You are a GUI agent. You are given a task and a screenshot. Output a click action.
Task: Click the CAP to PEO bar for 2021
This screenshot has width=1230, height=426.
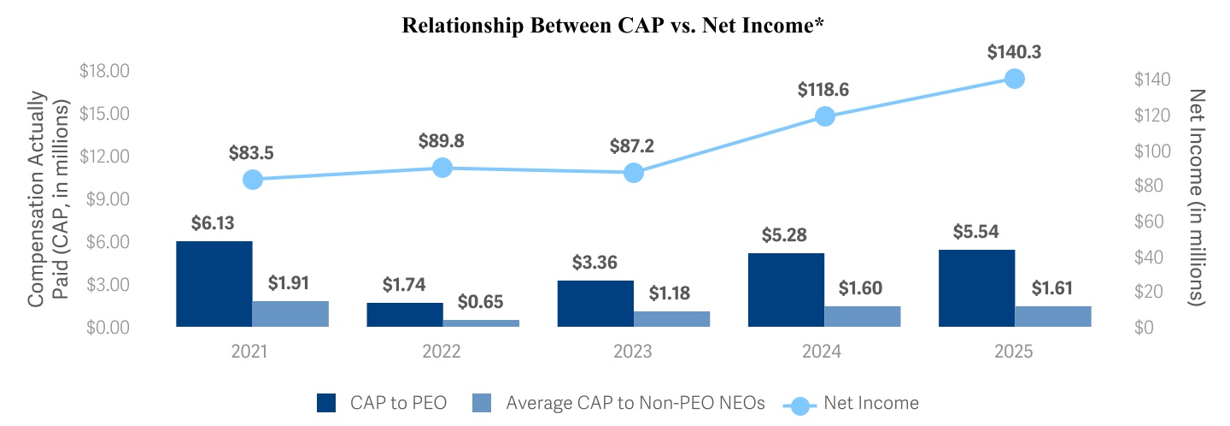[x=214, y=284]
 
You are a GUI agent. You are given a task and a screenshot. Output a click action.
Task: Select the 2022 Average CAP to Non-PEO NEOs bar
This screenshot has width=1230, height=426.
[x=481, y=322]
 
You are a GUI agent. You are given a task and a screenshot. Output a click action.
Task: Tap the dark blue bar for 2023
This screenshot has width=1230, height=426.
[x=595, y=304]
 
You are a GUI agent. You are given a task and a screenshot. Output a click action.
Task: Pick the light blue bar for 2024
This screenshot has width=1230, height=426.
[x=863, y=317]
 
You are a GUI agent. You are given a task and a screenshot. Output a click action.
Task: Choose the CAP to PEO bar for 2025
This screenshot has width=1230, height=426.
[x=976, y=288]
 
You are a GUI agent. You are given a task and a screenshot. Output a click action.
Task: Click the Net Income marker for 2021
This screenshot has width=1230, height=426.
[x=252, y=180]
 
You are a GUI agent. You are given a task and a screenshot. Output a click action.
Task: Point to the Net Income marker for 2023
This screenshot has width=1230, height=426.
[x=633, y=173]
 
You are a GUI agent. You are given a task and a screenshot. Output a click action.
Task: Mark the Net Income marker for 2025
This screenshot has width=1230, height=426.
[x=1015, y=79]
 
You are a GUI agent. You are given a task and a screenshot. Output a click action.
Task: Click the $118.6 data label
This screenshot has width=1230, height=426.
[x=823, y=90]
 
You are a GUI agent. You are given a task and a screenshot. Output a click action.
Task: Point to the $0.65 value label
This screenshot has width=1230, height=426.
[x=481, y=301]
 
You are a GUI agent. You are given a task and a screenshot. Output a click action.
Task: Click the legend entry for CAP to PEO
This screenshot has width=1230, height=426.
[x=381, y=402]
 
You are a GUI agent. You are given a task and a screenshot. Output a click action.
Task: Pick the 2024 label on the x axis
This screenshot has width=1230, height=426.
[x=822, y=352]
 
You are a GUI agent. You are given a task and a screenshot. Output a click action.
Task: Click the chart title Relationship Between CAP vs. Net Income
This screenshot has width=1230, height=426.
[x=612, y=26]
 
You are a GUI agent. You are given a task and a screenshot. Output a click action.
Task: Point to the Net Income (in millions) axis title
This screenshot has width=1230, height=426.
[x=1198, y=198]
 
